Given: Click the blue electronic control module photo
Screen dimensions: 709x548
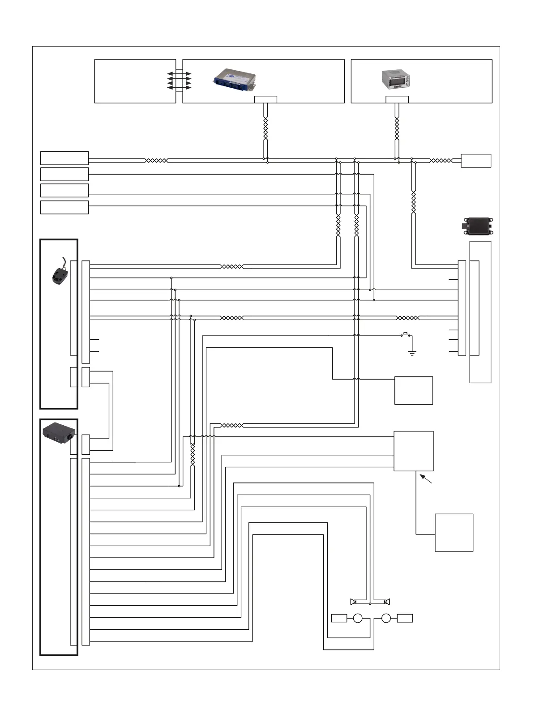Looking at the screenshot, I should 234,78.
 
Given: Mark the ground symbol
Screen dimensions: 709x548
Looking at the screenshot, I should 412,353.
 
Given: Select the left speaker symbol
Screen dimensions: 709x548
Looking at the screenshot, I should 353,601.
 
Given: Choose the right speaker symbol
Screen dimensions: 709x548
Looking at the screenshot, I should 386,601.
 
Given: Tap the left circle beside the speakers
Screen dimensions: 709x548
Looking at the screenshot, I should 357,618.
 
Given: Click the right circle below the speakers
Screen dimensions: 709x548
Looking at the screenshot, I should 386,618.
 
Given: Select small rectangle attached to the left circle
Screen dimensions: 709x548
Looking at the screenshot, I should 339,618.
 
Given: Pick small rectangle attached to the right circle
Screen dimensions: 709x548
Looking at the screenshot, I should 405,618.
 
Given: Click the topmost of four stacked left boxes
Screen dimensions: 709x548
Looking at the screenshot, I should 64,158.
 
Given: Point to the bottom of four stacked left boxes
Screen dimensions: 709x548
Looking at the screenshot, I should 64,208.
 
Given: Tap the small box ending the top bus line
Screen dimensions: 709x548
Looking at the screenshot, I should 476,161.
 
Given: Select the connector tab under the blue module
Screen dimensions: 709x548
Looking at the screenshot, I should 265,99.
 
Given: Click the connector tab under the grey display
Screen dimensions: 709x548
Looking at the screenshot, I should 397,99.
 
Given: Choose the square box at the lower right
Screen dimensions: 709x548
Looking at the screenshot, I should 454,533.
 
